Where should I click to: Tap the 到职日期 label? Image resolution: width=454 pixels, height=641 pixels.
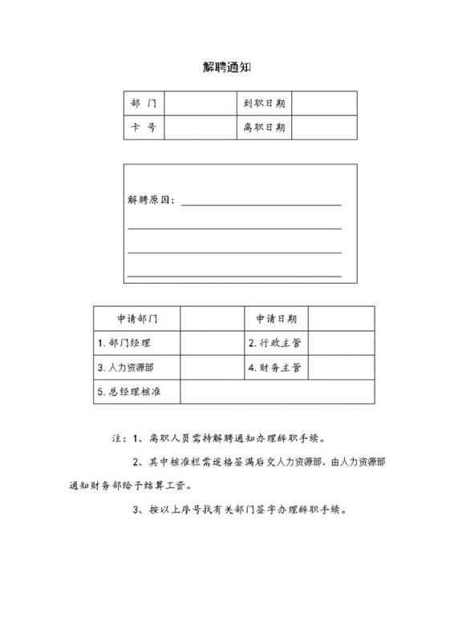(265, 103)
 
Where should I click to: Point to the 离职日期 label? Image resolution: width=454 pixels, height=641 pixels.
(265, 128)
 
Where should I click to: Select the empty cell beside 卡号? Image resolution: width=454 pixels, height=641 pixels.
(199, 128)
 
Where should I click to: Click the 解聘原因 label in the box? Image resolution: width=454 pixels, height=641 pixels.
(152, 200)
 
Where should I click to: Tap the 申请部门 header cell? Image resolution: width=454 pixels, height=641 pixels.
(137, 319)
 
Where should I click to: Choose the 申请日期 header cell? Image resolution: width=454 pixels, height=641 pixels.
(276, 319)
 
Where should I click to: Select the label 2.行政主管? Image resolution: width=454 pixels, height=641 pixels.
(274, 343)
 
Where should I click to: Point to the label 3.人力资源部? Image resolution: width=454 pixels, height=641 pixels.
(128, 368)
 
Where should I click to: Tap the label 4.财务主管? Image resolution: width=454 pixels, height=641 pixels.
(274, 368)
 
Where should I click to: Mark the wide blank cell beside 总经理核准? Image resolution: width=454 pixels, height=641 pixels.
(277, 392)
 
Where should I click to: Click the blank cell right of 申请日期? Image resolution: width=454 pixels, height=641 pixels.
(341, 319)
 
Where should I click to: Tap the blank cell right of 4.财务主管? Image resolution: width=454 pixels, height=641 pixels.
(341, 368)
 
